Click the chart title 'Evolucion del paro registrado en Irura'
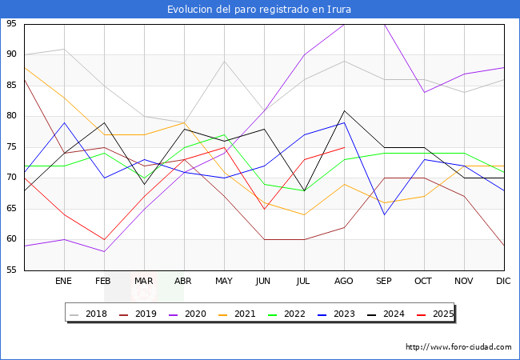[x=259, y=10]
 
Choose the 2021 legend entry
[x=254, y=314]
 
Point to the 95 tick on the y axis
[x=13, y=24]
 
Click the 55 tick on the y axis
[x=13, y=270]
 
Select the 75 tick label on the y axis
[x=13, y=147]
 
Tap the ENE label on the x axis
[x=64, y=282]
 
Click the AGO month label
[x=344, y=282]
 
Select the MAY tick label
[x=224, y=282]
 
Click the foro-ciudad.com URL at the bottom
[x=458, y=347]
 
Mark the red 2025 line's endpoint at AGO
[x=344, y=147]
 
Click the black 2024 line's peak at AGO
[x=344, y=110]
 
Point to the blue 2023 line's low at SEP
[x=384, y=215]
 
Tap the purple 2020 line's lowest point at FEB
[x=104, y=252]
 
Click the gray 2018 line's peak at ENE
[x=64, y=49]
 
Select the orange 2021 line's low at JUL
[x=304, y=215]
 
